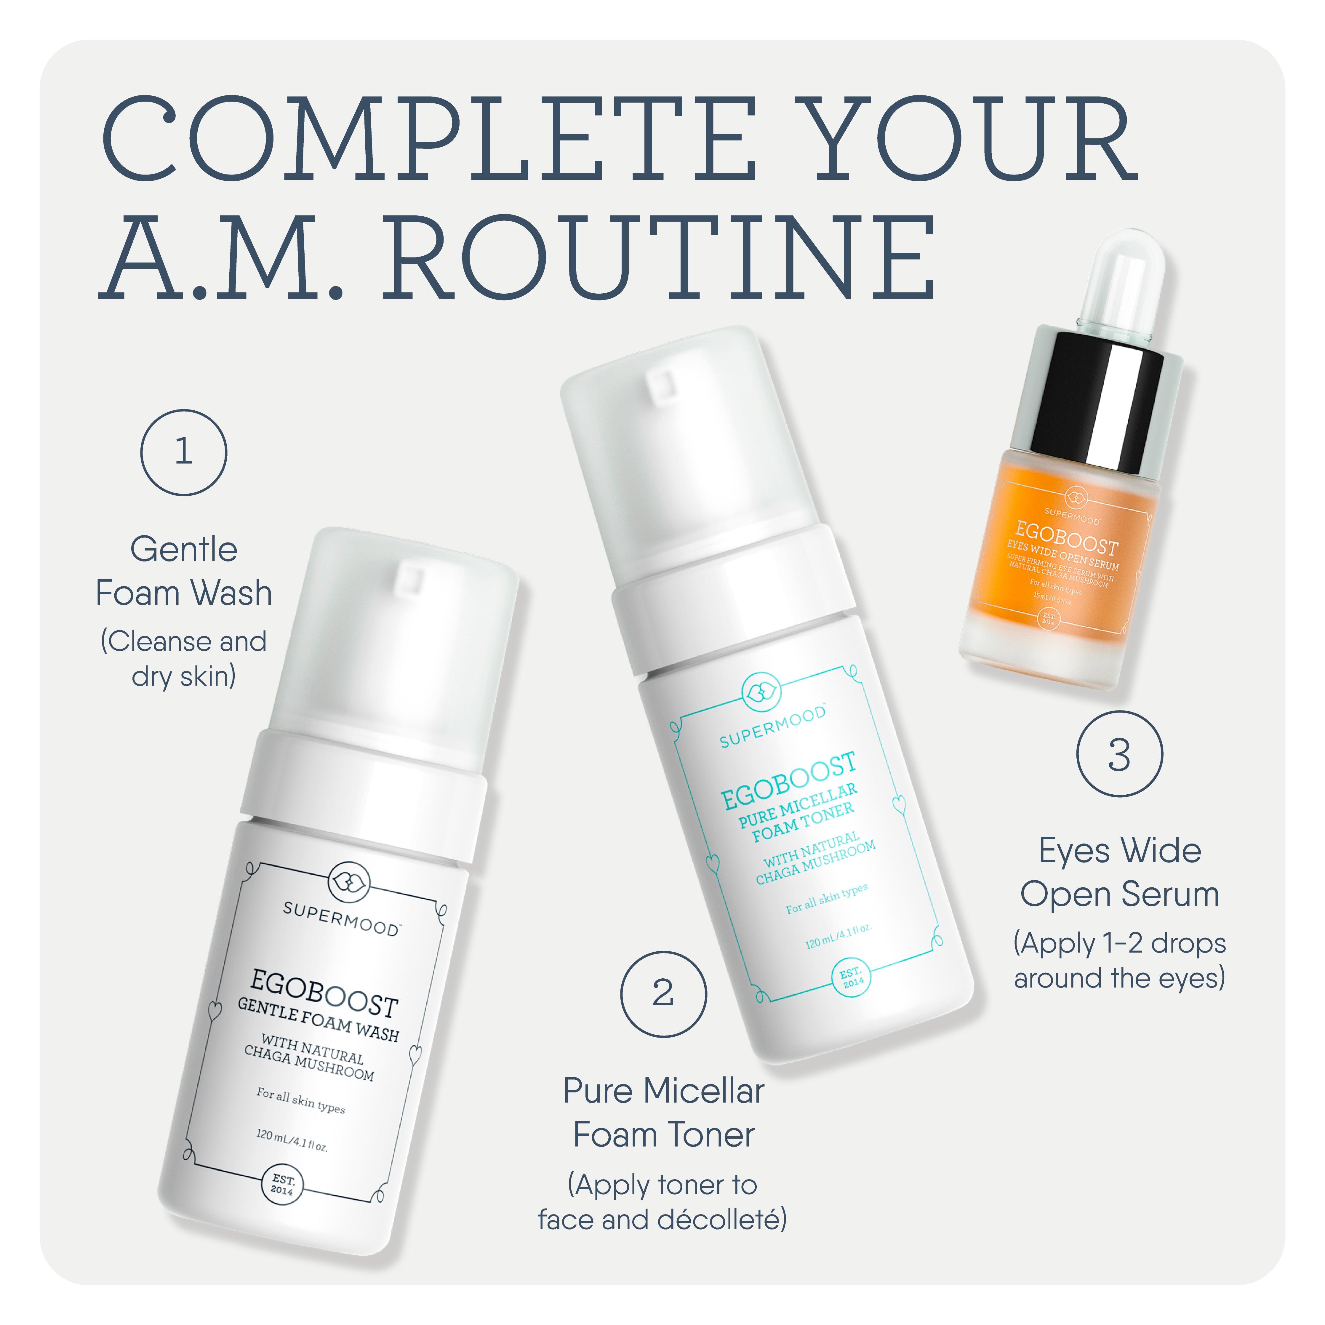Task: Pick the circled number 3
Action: pyautogui.click(x=1119, y=754)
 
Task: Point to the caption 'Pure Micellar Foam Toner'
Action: pyautogui.click(x=663, y=1112)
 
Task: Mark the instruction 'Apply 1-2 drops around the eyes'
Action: pyautogui.click(x=1119, y=960)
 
